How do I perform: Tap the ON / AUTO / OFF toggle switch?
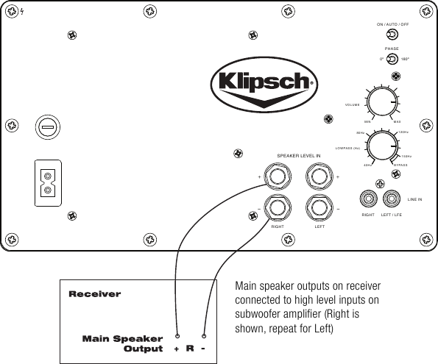pos(393,35)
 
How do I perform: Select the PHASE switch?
pos(392,60)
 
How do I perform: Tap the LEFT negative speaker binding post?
pos(319,209)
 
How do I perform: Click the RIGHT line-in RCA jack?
pos(367,199)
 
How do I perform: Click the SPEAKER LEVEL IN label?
pos(298,157)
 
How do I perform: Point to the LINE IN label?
pos(414,199)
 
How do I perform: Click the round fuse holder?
pos(47,128)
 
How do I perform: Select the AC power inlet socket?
pos(48,184)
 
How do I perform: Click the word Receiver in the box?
pos(94,293)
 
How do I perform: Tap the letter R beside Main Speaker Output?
pos(189,348)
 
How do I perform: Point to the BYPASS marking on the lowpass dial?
pos(400,165)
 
